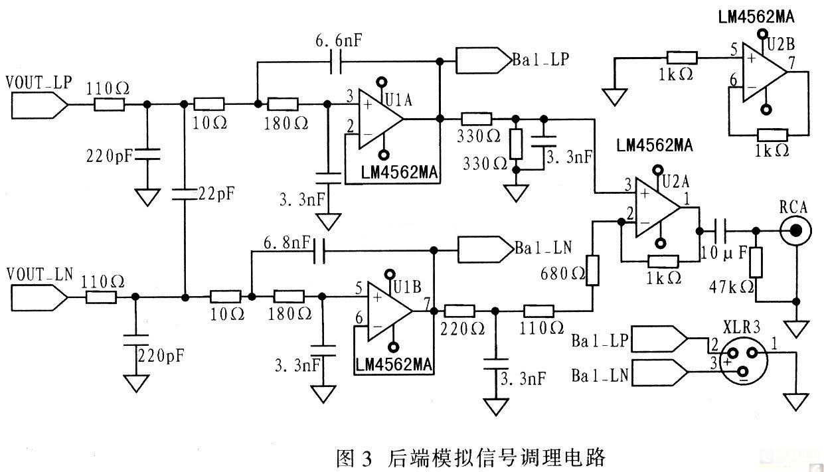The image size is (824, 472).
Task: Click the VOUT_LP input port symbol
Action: [x=39, y=105]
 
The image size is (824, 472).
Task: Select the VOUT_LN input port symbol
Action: [x=39, y=297]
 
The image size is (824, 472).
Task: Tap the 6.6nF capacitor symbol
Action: [x=336, y=62]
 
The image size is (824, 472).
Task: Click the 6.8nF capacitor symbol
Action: [x=319, y=251]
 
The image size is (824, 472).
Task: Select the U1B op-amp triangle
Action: [x=390, y=311]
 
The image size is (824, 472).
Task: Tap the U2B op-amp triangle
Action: [x=764, y=72]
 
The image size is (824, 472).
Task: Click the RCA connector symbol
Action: [x=796, y=230]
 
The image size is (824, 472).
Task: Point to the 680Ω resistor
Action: [x=593, y=270]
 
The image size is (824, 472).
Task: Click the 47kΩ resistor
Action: [x=756, y=262]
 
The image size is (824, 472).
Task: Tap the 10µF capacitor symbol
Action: [x=720, y=231]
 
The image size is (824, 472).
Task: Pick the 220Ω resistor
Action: [x=459, y=311]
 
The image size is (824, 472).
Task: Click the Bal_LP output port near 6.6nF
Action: [x=484, y=60]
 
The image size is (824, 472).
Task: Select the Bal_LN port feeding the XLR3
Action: [x=659, y=372]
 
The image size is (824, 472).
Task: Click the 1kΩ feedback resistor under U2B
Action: [x=772, y=135]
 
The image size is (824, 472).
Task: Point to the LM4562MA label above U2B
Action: [x=756, y=17]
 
